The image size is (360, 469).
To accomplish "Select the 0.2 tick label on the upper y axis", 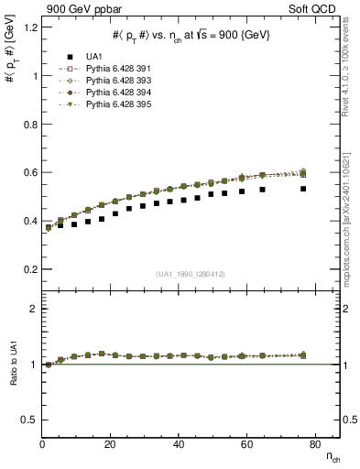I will coord(27,270).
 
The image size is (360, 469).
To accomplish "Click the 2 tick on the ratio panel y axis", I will coord(33,310).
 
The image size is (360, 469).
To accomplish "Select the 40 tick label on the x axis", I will coord(178,444).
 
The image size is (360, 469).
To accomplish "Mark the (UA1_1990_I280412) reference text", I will coord(190,274).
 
